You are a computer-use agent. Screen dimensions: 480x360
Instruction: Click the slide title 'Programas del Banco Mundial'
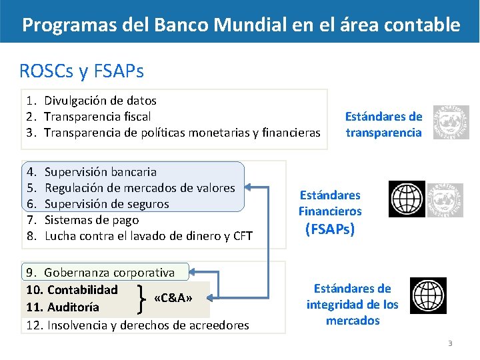241,25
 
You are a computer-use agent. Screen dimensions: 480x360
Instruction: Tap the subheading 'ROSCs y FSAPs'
81,70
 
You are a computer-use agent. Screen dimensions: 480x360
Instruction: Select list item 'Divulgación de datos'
100,101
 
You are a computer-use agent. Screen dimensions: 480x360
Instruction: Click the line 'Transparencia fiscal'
97,117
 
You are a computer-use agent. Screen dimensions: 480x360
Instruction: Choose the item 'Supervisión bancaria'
100,172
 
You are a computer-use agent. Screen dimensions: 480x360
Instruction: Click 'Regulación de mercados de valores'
139,188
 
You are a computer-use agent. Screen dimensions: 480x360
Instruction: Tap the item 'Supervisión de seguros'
107,204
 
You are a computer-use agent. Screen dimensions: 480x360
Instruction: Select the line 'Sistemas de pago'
91,220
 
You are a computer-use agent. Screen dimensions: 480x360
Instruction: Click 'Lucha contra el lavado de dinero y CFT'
148,236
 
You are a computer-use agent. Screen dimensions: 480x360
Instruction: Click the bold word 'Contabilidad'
82,290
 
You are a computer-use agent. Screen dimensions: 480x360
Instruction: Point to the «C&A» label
173,298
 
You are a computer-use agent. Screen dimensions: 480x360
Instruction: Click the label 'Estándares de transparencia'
383,124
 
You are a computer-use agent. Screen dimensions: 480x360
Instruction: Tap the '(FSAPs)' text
329,230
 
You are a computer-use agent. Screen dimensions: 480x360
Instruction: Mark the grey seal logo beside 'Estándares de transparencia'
451,123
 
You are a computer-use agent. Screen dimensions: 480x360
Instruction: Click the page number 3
450,344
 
